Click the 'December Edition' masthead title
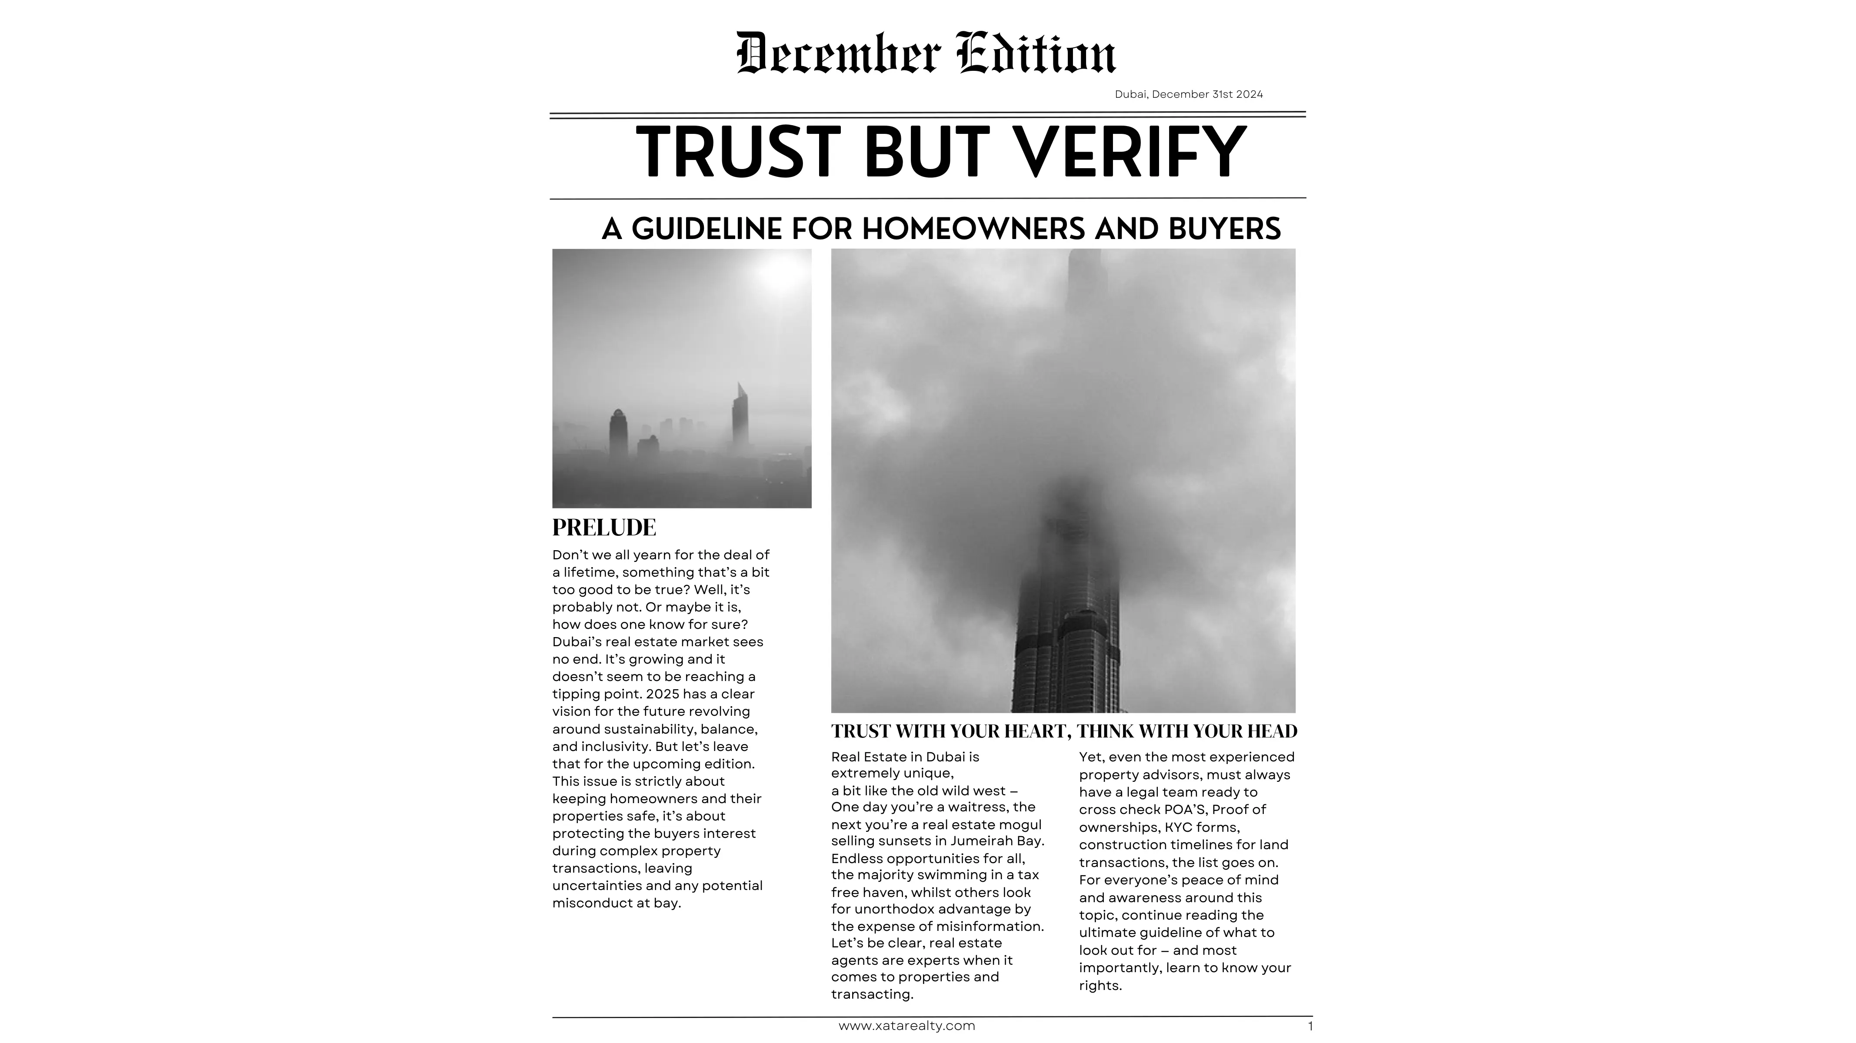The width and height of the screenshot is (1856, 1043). click(x=926, y=53)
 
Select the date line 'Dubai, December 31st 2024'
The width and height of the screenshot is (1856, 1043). click(x=1188, y=94)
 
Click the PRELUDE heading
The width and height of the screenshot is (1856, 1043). click(x=604, y=527)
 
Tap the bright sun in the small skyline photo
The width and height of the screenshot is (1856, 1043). click(x=781, y=272)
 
